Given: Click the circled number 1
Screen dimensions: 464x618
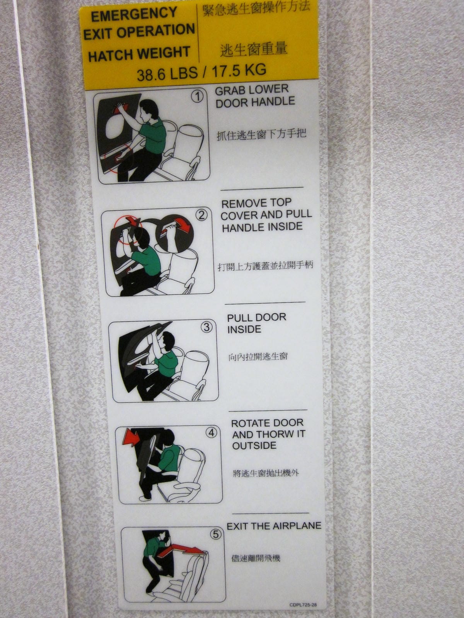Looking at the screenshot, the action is coord(198,97).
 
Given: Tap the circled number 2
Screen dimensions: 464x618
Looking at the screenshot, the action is coord(202,216).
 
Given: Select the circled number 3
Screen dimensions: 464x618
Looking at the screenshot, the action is coord(207,327).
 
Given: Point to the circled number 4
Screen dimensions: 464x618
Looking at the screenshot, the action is coord(212,433).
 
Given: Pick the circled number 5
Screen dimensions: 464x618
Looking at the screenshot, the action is coord(216,534).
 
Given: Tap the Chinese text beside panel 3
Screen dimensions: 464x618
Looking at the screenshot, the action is coord(258,357).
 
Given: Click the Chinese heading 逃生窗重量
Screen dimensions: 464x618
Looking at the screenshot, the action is coord(253,49).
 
